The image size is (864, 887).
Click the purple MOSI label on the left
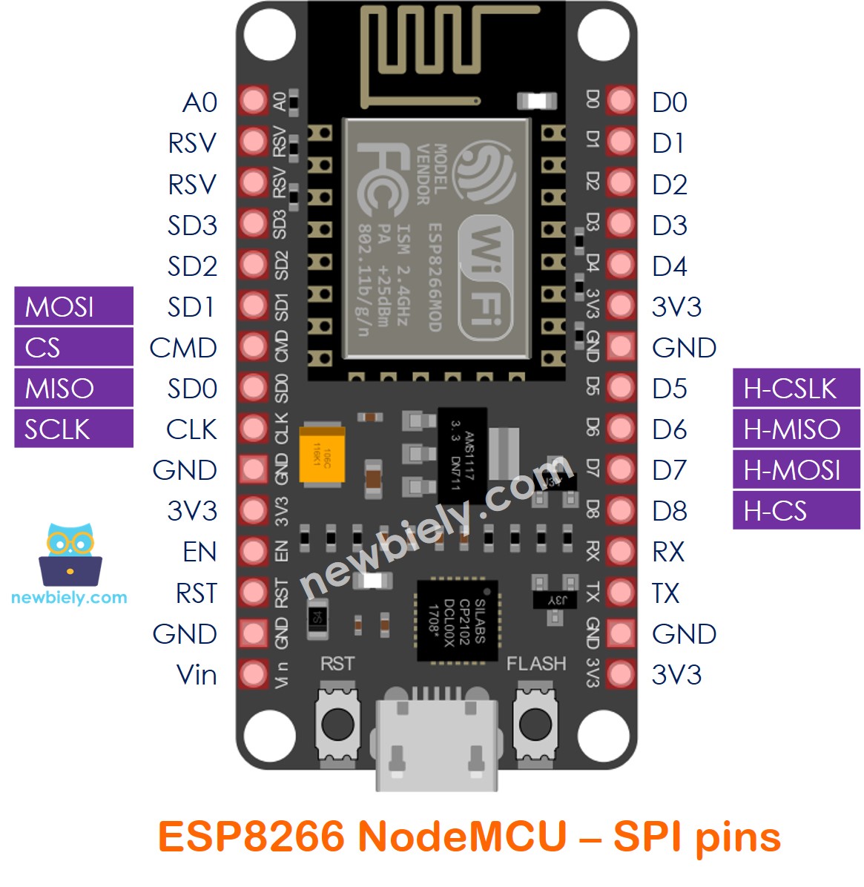(x=73, y=306)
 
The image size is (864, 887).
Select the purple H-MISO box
(x=796, y=429)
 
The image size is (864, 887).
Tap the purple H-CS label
(x=796, y=511)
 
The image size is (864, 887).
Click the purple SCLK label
(x=73, y=429)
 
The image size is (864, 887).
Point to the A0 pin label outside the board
(x=199, y=102)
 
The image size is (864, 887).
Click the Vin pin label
(x=197, y=675)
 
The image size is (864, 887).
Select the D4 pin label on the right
(x=669, y=266)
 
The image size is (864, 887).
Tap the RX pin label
(x=667, y=552)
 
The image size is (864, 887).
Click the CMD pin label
(x=183, y=348)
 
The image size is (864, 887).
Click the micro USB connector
(x=436, y=742)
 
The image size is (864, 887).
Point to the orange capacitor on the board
(x=323, y=455)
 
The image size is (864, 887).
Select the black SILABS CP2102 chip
(x=457, y=621)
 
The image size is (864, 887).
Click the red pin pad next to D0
(x=621, y=101)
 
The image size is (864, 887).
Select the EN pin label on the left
(x=199, y=552)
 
